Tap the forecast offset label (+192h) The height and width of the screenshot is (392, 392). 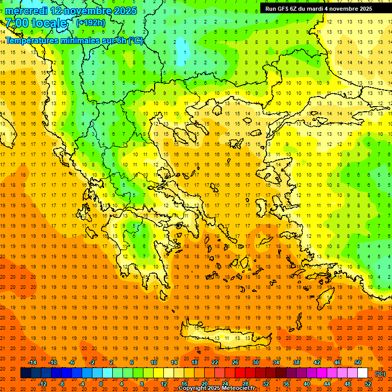(91, 22)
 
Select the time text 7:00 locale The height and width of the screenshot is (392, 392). (36, 23)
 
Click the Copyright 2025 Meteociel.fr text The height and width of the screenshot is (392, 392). (216, 388)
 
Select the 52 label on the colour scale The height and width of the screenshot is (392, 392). (368, 384)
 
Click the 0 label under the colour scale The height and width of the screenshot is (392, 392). (101, 384)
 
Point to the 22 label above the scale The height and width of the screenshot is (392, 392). (215, 362)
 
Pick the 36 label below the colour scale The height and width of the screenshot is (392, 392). (286, 384)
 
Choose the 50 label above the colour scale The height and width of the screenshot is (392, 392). (358, 362)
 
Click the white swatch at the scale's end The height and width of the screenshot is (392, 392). (362, 373)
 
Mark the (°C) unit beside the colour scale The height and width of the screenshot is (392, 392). (380, 374)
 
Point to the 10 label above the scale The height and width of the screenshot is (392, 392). (154, 362)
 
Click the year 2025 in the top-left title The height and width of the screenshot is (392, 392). (123, 11)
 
